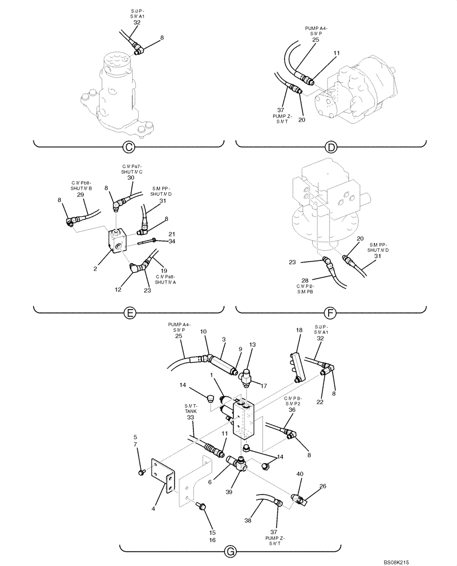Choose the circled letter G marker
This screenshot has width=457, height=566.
point(230,549)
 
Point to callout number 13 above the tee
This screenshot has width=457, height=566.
point(252,345)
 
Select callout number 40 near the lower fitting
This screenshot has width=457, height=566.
point(300,473)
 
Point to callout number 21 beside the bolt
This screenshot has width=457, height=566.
point(171,234)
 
